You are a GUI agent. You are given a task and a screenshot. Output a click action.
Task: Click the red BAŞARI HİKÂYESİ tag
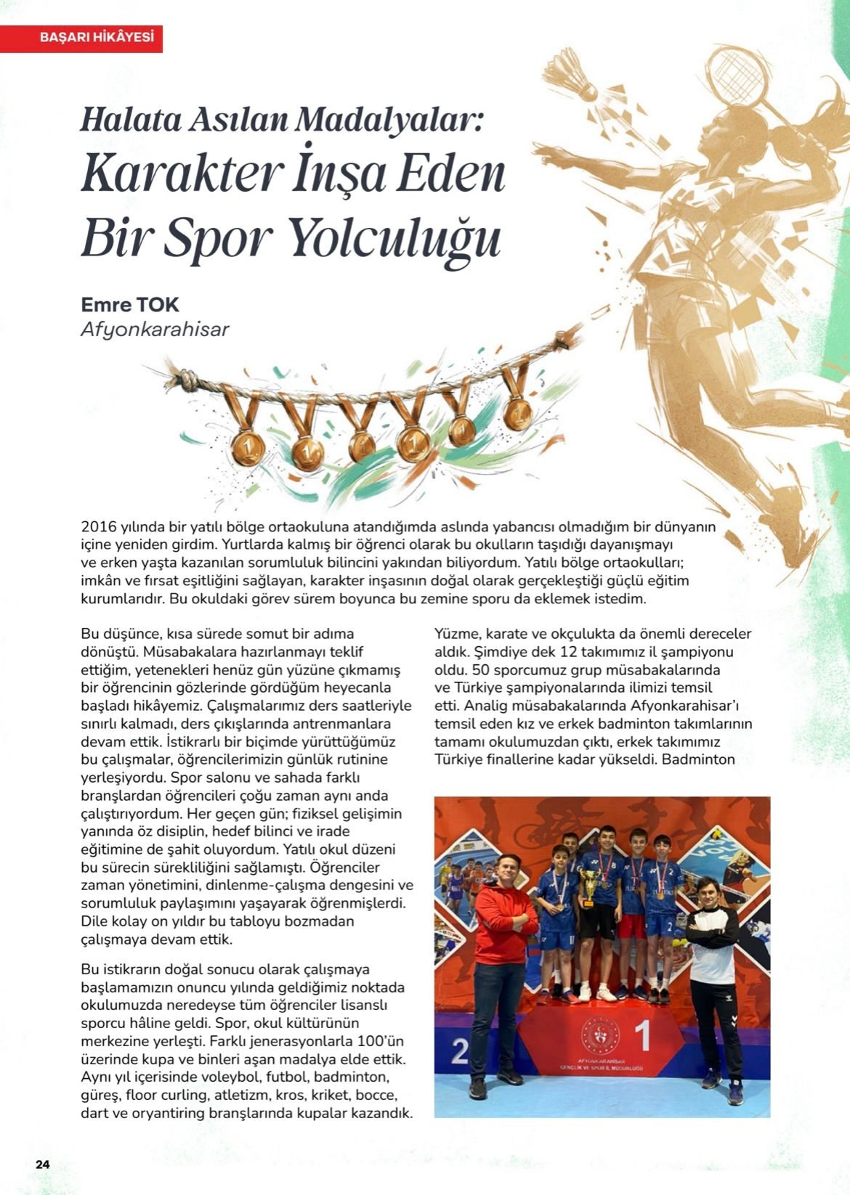tap(81, 38)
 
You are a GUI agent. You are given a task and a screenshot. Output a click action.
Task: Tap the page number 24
tap(43, 1164)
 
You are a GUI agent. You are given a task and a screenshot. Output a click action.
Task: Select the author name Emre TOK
tap(130, 304)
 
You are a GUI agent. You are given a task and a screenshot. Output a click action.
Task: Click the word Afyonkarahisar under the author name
tap(155, 330)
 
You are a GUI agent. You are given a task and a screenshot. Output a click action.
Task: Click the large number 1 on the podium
tap(641, 1037)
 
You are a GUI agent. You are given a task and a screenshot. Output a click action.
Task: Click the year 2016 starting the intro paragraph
tap(99, 526)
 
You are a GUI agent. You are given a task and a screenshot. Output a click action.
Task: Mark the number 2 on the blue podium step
tap(459, 1051)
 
